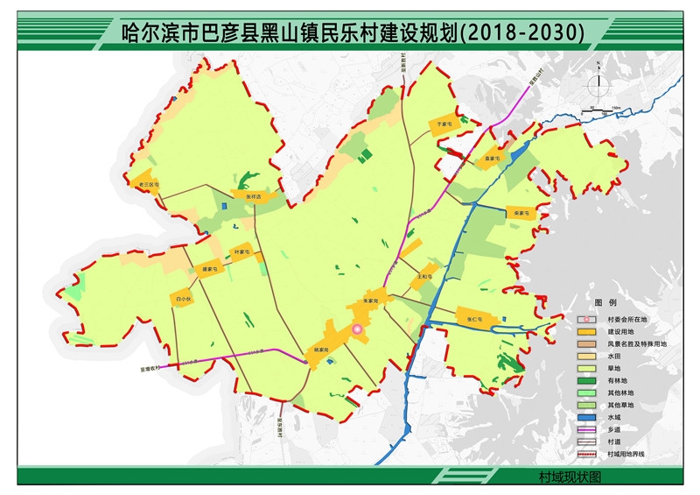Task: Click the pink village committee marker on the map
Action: (x=357, y=329)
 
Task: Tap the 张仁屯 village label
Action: (x=475, y=319)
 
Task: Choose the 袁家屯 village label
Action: (x=492, y=159)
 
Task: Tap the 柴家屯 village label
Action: (x=522, y=212)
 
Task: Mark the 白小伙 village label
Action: (x=183, y=299)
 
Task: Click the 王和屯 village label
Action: (x=424, y=276)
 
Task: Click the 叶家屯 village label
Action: (x=241, y=252)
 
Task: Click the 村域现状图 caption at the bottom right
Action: (x=570, y=477)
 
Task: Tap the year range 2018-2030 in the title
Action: (x=526, y=32)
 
